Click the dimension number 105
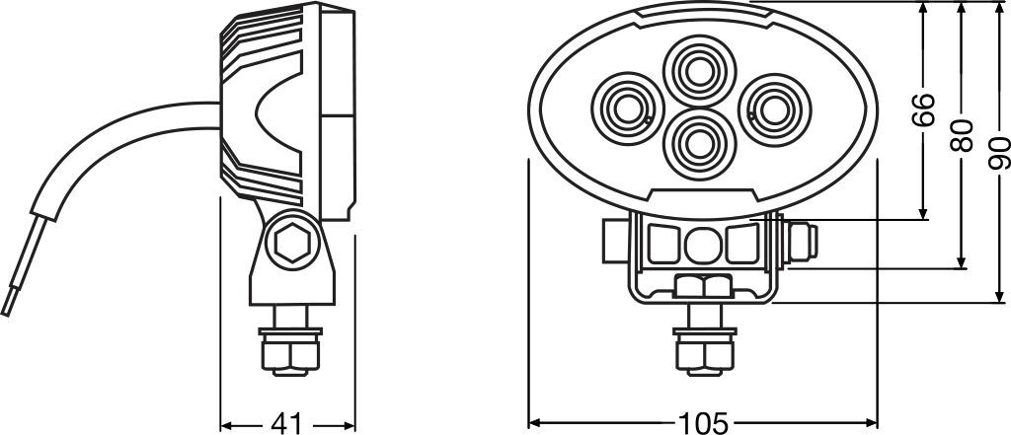(703, 423)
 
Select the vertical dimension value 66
(924, 109)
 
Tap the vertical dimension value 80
(962, 135)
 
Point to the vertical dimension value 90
(999, 153)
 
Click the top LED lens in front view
(700, 71)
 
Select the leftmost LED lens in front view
(627, 109)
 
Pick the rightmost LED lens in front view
(774, 110)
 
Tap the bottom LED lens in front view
(700, 144)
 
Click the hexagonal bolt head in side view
(292, 243)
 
